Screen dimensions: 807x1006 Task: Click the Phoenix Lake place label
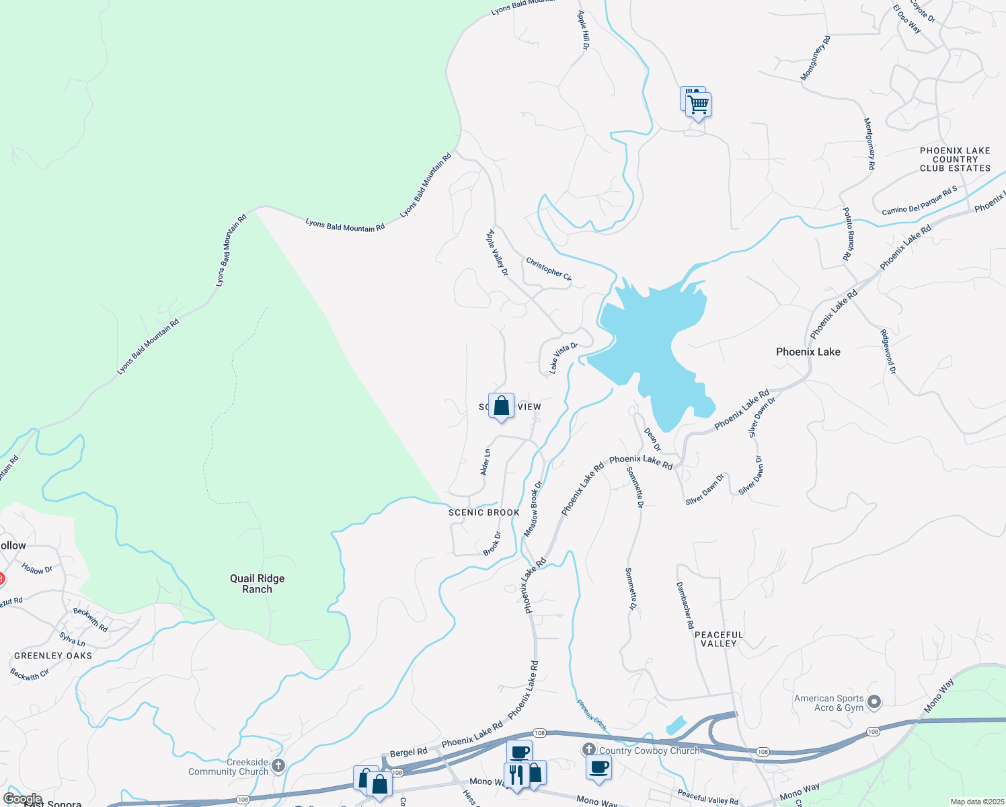click(x=808, y=352)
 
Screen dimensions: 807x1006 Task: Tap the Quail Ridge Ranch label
click(x=257, y=584)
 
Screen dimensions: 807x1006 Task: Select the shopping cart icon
click(x=699, y=105)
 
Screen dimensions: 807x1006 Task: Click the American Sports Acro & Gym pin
click(x=874, y=703)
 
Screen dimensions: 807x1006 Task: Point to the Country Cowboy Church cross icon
click(x=589, y=749)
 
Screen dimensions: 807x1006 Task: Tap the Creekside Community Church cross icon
click(x=278, y=765)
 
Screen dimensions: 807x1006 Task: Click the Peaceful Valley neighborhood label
click(x=719, y=639)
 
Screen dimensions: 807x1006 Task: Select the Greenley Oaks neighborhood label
click(x=53, y=656)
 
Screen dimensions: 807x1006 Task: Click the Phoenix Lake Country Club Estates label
click(x=955, y=159)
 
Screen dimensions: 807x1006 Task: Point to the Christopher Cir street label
click(x=549, y=269)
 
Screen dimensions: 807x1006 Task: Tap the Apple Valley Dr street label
click(x=497, y=253)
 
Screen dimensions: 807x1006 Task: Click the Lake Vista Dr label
click(x=563, y=358)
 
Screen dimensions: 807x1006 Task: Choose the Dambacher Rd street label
click(x=685, y=605)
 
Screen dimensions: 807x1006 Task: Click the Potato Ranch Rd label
click(x=848, y=233)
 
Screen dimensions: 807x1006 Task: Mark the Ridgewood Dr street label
click(x=888, y=351)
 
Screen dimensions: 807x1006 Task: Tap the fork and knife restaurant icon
click(x=516, y=774)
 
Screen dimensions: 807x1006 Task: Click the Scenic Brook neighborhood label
click(x=484, y=512)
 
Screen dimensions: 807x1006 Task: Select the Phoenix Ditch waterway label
click(x=591, y=715)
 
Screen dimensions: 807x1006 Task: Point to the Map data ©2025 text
click(x=976, y=802)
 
